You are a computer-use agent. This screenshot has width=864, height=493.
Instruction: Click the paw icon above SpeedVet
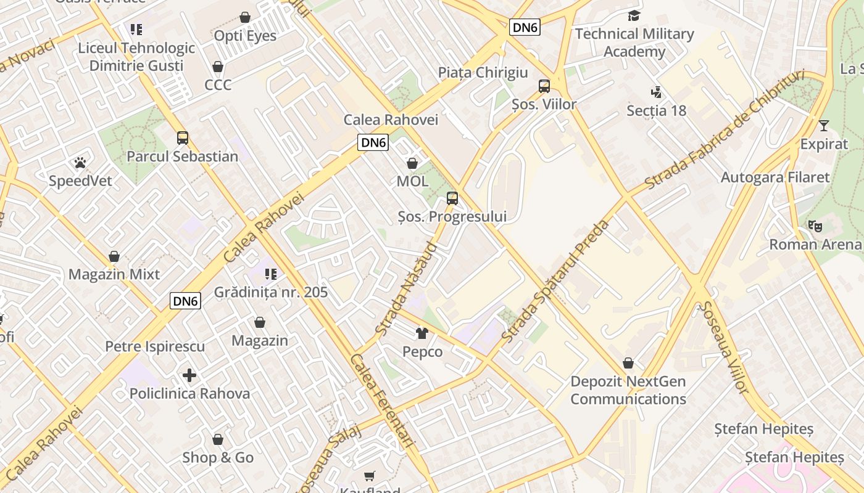click(x=80, y=163)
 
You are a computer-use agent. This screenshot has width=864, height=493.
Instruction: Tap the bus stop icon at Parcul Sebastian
click(x=183, y=138)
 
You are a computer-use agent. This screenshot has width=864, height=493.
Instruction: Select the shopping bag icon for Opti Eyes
click(x=245, y=17)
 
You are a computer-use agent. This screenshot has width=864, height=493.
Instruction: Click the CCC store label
click(x=218, y=84)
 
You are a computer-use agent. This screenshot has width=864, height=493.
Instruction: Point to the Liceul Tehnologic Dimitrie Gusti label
click(x=136, y=57)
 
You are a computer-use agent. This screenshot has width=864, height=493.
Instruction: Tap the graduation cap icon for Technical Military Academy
click(x=634, y=15)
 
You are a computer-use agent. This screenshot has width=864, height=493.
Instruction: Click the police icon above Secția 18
click(x=657, y=92)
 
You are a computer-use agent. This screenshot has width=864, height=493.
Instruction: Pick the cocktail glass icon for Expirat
click(x=824, y=126)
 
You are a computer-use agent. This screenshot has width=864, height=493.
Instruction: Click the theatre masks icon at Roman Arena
click(x=815, y=226)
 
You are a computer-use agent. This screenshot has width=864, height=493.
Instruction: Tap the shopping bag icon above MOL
click(x=412, y=163)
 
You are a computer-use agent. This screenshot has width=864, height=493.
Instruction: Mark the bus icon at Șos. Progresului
click(x=452, y=198)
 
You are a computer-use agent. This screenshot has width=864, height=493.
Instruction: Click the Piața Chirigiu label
click(x=483, y=72)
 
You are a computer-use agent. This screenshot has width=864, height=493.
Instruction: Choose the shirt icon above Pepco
click(x=422, y=333)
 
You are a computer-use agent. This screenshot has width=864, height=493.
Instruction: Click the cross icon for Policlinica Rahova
click(x=189, y=375)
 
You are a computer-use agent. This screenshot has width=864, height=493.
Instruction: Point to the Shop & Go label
click(x=218, y=457)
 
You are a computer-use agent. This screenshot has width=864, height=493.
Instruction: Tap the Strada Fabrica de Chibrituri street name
click(x=725, y=130)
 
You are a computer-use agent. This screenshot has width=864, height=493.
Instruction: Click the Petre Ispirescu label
click(x=155, y=346)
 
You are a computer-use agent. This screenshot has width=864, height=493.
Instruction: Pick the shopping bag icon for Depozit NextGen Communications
click(x=628, y=363)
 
